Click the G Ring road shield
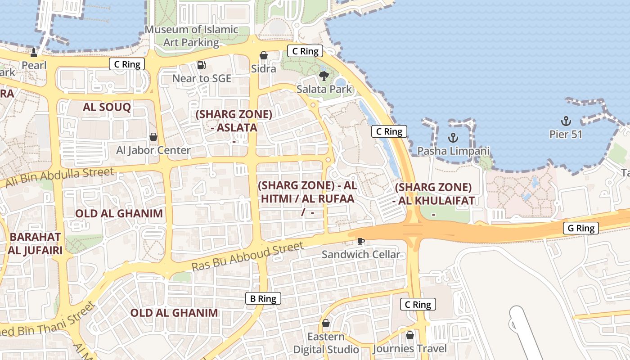581,228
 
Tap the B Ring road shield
263,298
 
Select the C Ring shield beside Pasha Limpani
389,131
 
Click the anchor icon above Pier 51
566,121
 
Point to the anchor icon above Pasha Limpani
453,138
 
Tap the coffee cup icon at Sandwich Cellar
360,242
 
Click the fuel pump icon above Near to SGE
202,65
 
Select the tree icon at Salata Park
324,76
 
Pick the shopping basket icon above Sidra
264,55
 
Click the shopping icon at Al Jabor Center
153,137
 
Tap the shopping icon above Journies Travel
409,335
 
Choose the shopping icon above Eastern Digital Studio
326,324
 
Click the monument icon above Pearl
34,52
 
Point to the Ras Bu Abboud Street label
248,256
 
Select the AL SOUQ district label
107,107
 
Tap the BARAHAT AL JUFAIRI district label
35,243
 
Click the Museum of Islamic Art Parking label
191,36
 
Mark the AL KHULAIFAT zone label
433,194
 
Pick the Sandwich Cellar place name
360,255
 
